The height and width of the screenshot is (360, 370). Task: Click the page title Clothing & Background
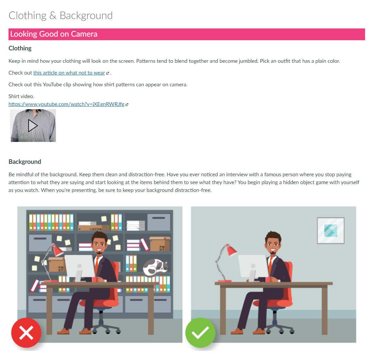click(x=61, y=16)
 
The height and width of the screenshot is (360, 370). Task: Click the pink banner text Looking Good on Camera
click(x=54, y=34)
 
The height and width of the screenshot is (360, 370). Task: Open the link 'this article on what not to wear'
click(x=69, y=73)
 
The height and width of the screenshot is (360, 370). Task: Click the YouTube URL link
click(x=66, y=104)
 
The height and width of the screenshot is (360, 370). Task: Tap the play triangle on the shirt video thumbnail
click(x=33, y=126)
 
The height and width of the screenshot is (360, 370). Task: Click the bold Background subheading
click(x=25, y=162)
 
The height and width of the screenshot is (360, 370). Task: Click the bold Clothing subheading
click(x=20, y=48)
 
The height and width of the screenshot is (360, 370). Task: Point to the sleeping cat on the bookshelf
click(x=155, y=267)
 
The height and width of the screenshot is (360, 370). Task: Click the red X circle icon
click(x=26, y=333)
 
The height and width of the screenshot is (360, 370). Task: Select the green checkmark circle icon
click(x=200, y=333)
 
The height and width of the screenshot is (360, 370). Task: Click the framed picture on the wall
click(x=331, y=231)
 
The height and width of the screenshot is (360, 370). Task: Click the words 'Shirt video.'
click(x=22, y=96)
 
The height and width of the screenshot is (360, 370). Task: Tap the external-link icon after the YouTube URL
click(x=127, y=105)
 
